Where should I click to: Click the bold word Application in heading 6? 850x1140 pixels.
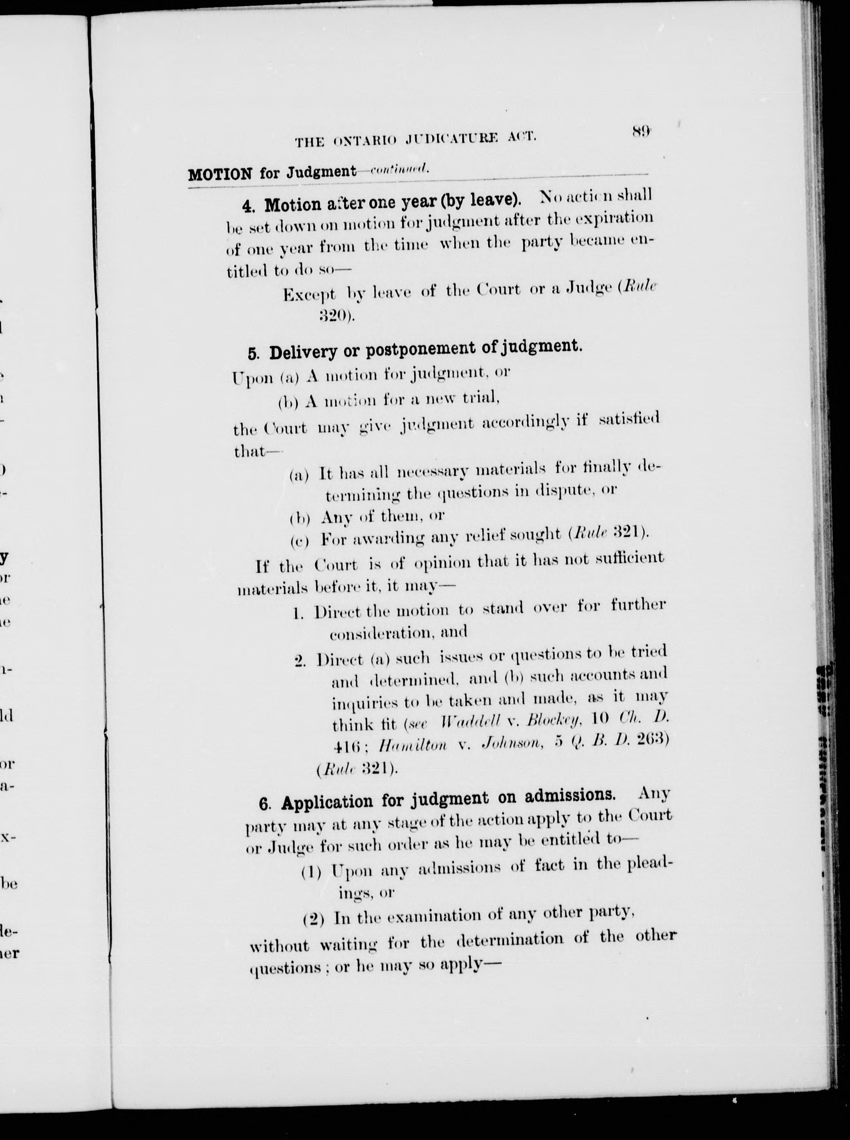pos(327,802)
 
